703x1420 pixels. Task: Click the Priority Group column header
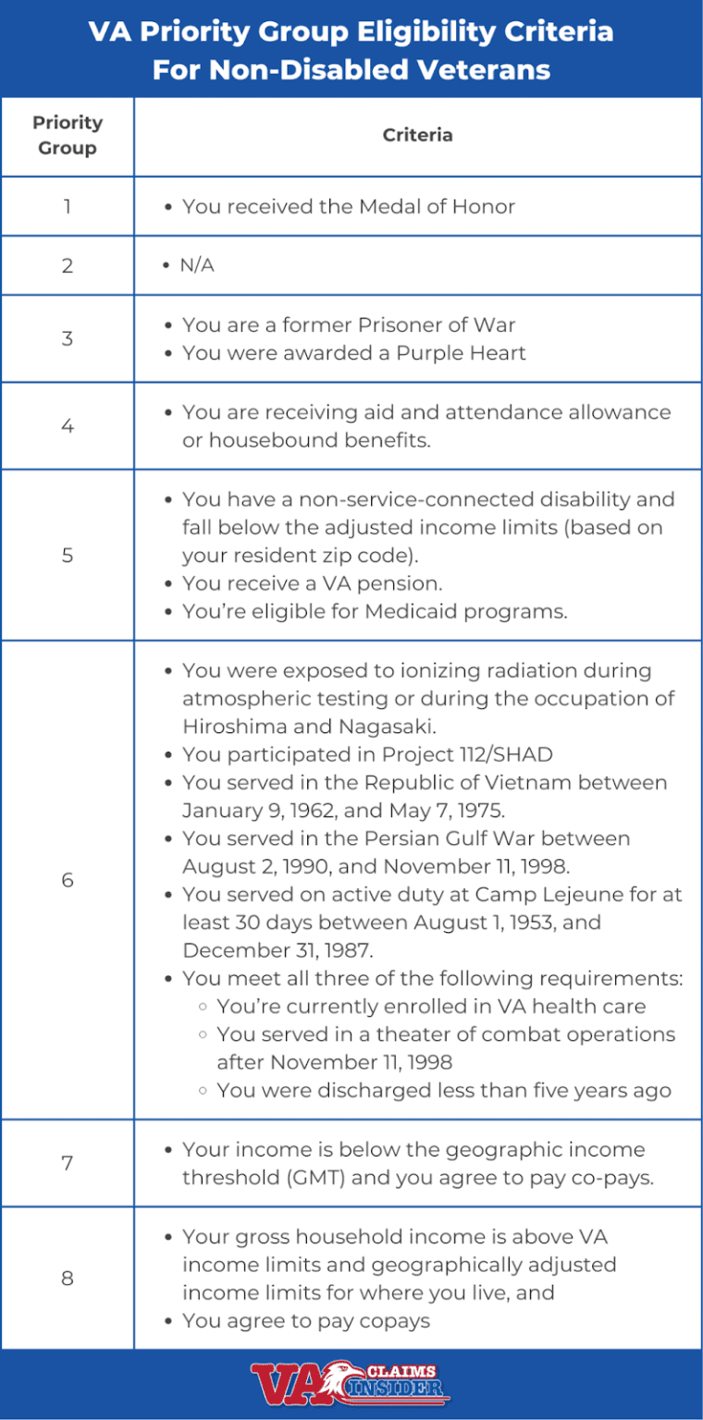(x=68, y=135)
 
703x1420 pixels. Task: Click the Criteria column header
(x=418, y=135)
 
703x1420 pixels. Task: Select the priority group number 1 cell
(x=68, y=206)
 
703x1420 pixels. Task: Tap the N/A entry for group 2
(x=197, y=266)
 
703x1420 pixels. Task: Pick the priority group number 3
(x=68, y=338)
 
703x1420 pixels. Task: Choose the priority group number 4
(x=68, y=426)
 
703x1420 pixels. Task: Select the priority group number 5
(x=68, y=556)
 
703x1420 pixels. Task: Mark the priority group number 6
(x=68, y=879)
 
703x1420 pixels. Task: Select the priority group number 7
(x=68, y=1163)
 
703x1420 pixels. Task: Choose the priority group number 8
(x=68, y=1279)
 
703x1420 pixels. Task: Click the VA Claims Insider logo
(x=351, y=1384)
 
